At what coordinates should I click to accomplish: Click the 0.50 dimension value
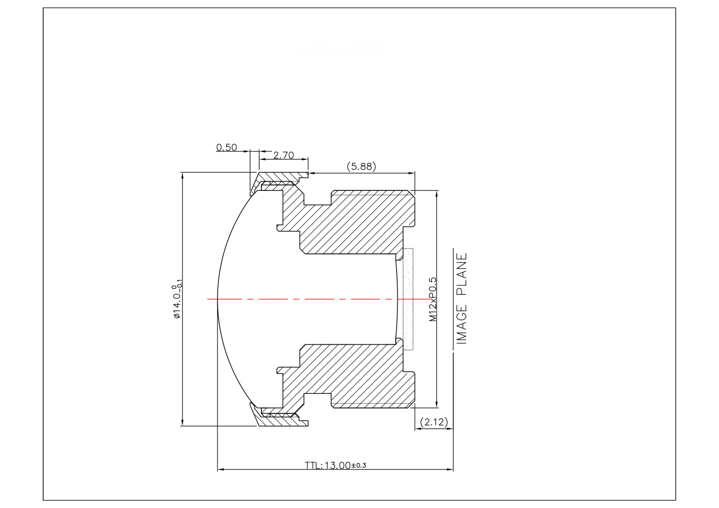pyautogui.click(x=226, y=147)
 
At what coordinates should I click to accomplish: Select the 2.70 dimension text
pyautogui.click(x=284, y=155)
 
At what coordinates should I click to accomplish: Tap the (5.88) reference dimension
pyautogui.click(x=361, y=166)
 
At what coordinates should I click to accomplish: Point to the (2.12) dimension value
pyautogui.click(x=434, y=422)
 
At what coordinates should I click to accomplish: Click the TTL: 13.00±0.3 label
pyautogui.click(x=335, y=466)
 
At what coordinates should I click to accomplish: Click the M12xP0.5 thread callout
pyautogui.click(x=433, y=299)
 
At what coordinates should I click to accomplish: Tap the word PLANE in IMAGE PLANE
pyautogui.click(x=462, y=274)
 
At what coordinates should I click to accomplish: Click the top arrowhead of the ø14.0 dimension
pyautogui.click(x=183, y=175)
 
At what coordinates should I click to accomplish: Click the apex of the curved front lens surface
pyautogui.click(x=218, y=299)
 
